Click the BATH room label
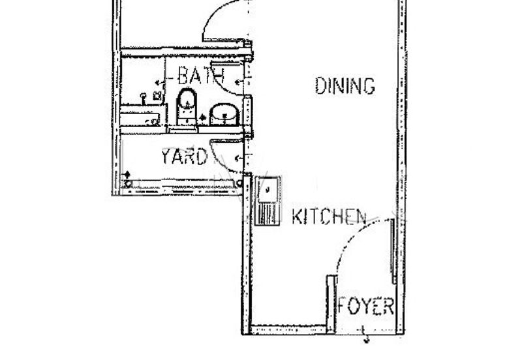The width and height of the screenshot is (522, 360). (x=201, y=75)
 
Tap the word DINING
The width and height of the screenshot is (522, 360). (x=345, y=85)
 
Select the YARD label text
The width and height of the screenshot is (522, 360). (x=184, y=157)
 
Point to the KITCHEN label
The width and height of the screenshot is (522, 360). (x=329, y=217)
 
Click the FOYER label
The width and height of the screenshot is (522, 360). (x=366, y=306)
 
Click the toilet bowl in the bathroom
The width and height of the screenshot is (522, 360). (x=187, y=99)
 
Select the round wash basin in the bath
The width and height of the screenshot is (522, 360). (x=224, y=114)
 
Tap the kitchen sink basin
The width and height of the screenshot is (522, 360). (x=268, y=190)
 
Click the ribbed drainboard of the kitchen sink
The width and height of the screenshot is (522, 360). (x=267, y=214)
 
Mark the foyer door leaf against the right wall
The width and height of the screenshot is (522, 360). (x=393, y=251)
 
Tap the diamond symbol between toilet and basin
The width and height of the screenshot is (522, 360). (x=203, y=117)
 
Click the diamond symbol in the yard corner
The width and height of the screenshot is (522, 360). (x=127, y=174)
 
